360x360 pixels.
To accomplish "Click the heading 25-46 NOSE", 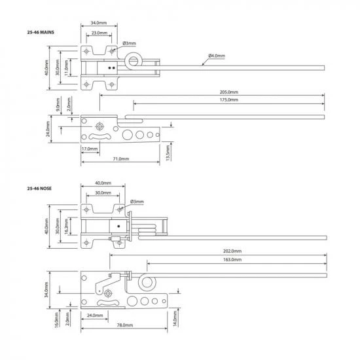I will (x=39, y=188).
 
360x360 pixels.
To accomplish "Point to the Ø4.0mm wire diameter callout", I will (x=217, y=56).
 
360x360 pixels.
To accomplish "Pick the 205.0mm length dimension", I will (x=229, y=93).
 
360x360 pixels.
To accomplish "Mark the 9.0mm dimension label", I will (x=60, y=103).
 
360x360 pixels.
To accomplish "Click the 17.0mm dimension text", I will (x=90, y=149).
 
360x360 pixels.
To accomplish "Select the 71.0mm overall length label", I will (x=120, y=158).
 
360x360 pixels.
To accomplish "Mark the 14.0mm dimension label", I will (x=175, y=318).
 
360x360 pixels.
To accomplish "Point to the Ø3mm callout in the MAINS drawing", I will (x=129, y=43).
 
